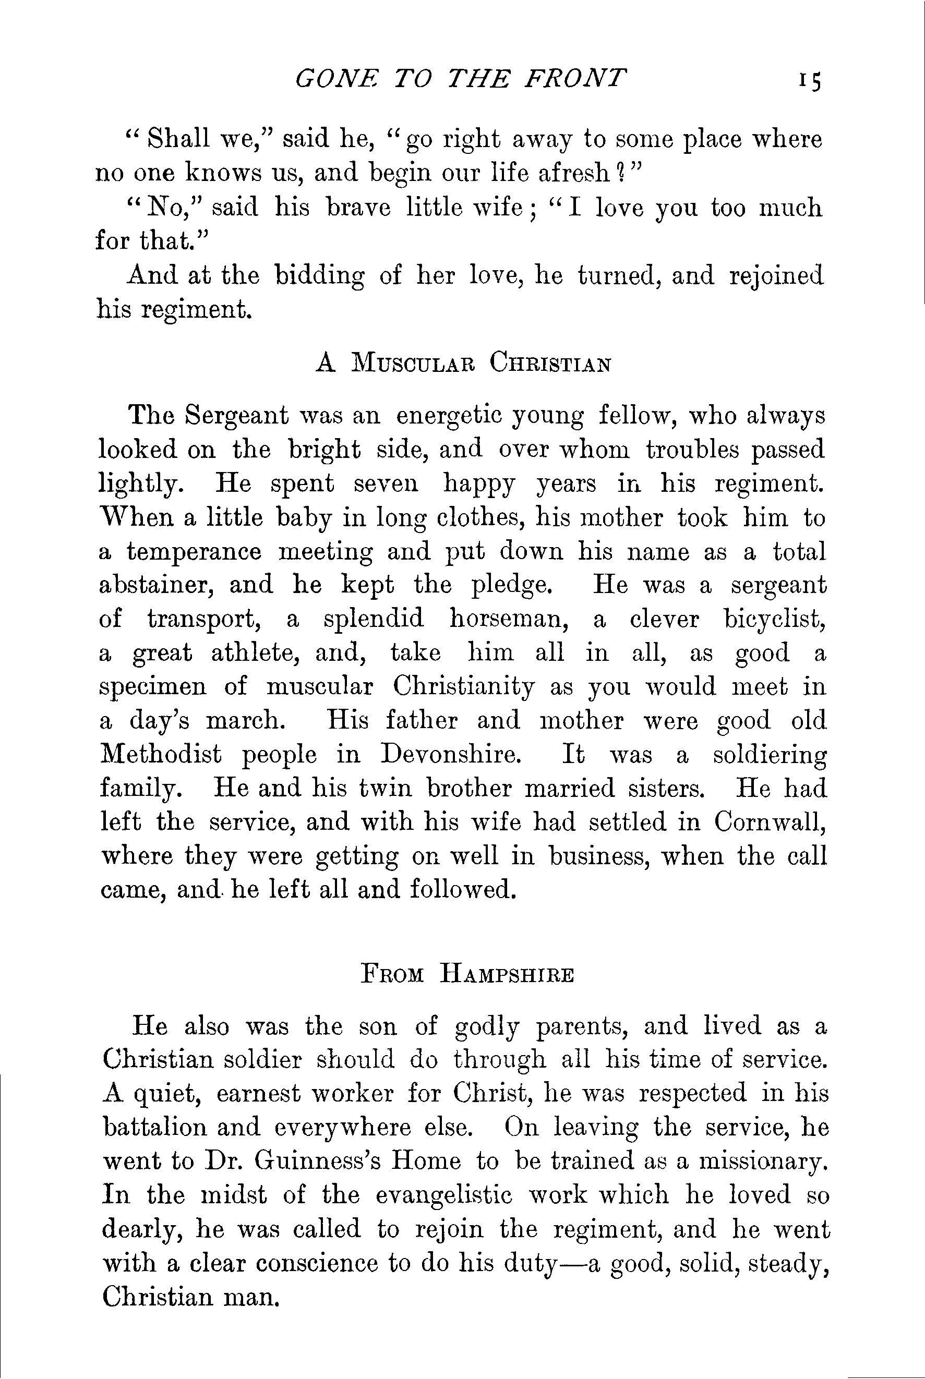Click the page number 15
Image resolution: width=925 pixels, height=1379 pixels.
coord(809,80)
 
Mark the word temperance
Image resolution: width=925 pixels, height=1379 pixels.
coord(194,551)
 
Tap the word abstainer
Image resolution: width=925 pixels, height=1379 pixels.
coord(158,585)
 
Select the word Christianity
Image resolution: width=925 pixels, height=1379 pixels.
coord(464,687)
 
